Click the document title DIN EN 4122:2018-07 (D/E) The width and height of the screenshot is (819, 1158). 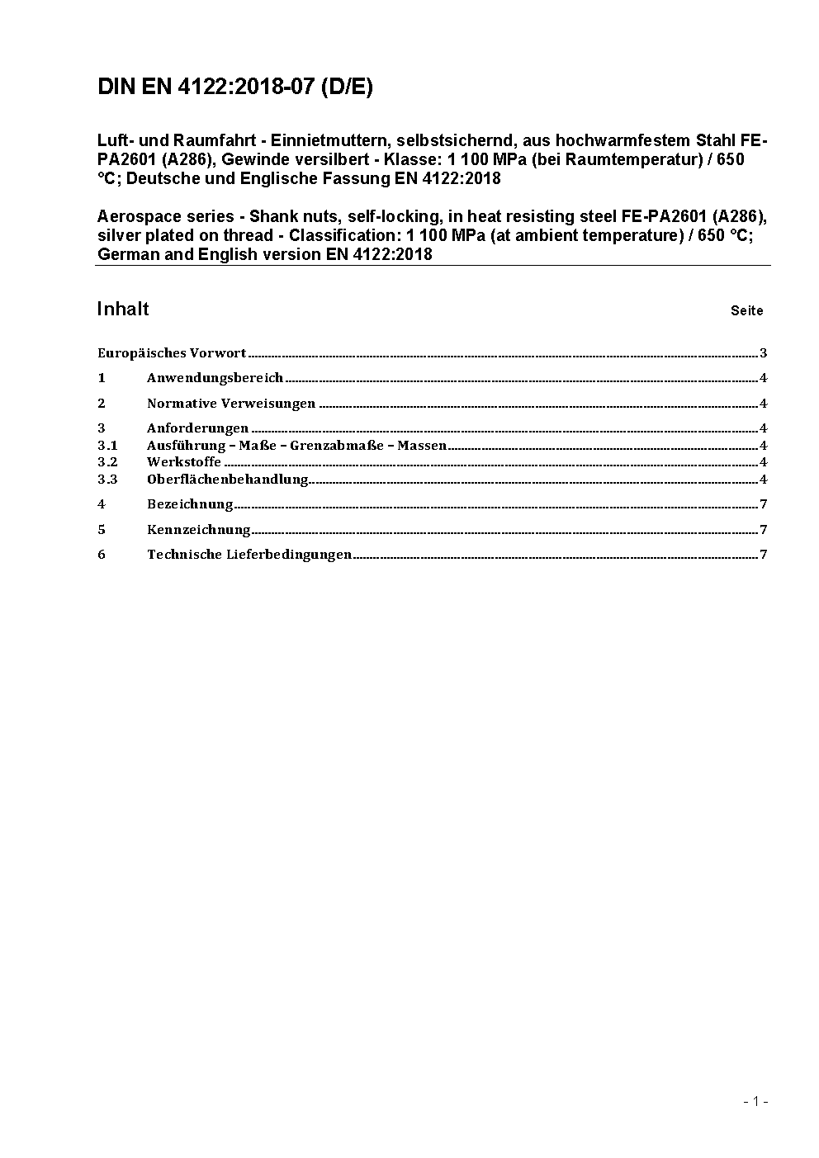235,87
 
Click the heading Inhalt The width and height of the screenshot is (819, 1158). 123,310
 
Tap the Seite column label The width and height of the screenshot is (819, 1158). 746,311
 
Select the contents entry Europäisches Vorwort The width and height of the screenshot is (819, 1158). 172,353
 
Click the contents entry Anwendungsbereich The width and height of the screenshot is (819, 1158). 215,378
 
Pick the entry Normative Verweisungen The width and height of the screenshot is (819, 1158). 231,404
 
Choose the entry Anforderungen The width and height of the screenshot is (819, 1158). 197,428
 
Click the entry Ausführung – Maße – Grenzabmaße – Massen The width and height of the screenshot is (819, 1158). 296,446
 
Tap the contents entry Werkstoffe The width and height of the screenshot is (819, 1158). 184,462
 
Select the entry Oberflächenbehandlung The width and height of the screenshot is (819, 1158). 227,480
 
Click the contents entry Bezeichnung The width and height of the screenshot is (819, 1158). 190,504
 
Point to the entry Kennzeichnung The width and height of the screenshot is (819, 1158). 198,530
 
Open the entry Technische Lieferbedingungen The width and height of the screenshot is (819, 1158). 249,555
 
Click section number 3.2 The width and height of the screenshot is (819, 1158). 107,462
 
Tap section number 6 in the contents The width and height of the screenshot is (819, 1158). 102,555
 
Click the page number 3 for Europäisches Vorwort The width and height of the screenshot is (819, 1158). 764,353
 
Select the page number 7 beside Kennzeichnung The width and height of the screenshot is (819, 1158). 764,530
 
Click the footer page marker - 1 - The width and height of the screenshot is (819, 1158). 755,1101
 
